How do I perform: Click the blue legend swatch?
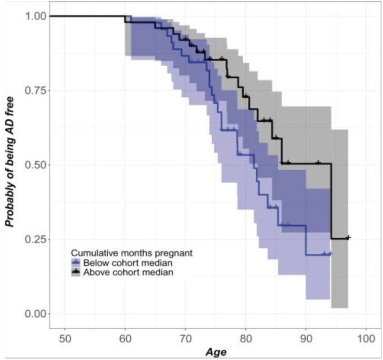76,263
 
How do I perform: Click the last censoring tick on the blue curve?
329,254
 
